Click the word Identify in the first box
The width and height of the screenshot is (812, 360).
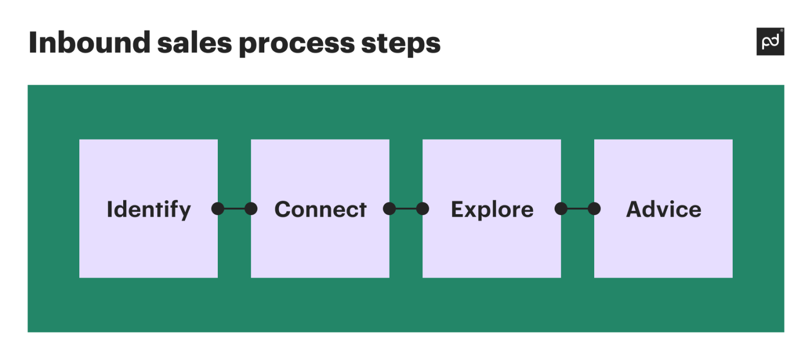tap(149, 209)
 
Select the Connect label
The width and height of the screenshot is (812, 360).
tap(320, 209)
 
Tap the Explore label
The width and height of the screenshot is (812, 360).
tap(492, 209)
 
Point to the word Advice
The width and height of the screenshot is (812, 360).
tap(664, 209)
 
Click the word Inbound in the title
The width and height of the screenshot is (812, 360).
tap(89, 43)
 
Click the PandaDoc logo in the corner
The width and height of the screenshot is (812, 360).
tap(770, 42)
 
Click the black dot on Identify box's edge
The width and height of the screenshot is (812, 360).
tap(218, 209)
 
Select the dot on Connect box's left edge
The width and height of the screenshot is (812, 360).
tap(251, 209)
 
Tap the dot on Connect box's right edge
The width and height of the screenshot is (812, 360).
tap(390, 209)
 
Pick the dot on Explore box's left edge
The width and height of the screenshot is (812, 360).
tap(422, 209)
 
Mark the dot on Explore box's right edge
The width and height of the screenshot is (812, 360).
tap(561, 209)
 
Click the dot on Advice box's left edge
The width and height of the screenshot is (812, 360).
tap(594, 209)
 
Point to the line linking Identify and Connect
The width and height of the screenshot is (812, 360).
tap(234, 209)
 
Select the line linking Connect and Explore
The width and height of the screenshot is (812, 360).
tap(406, 209)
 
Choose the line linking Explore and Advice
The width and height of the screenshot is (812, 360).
tap(577, 209)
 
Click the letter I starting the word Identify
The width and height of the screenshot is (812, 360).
tap(109, 209)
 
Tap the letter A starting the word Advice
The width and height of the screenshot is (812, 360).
tap(634, 209)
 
